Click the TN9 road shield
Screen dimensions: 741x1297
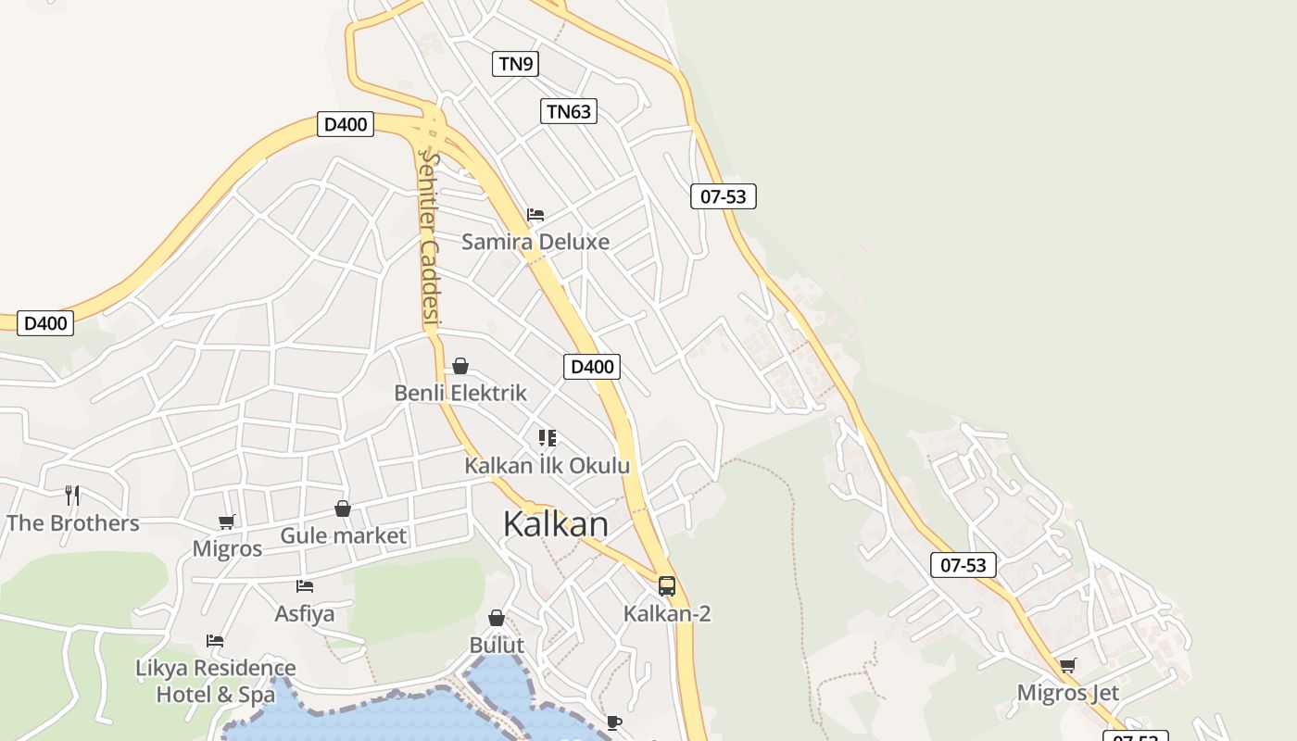point(514,64)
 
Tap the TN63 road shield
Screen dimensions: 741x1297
point(568,112)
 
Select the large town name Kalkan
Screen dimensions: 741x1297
point(556,524)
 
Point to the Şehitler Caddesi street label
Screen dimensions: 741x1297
point(429,239)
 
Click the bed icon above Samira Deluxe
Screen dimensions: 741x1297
point(535,215)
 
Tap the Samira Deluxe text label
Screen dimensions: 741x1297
point(535,243)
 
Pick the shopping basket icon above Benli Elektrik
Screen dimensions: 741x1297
point(460,366)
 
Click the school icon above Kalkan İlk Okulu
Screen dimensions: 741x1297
point(548,437)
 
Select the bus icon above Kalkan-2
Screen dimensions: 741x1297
point(667,585)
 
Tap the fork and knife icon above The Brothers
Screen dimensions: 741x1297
point(72,496)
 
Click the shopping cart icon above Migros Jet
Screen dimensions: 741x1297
point(1068,665)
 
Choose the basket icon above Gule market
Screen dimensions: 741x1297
point(343,509)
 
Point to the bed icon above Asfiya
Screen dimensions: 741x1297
point(305,585)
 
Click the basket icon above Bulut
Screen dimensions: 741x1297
point(497,618)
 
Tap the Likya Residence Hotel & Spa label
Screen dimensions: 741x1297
point(216,681)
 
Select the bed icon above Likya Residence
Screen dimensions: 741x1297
point(215,641)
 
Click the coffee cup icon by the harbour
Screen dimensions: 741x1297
point(613,722)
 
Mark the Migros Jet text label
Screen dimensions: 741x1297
point(1068,693)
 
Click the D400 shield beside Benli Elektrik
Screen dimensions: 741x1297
point(592,367)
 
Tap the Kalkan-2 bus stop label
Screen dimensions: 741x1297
point(667,613)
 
